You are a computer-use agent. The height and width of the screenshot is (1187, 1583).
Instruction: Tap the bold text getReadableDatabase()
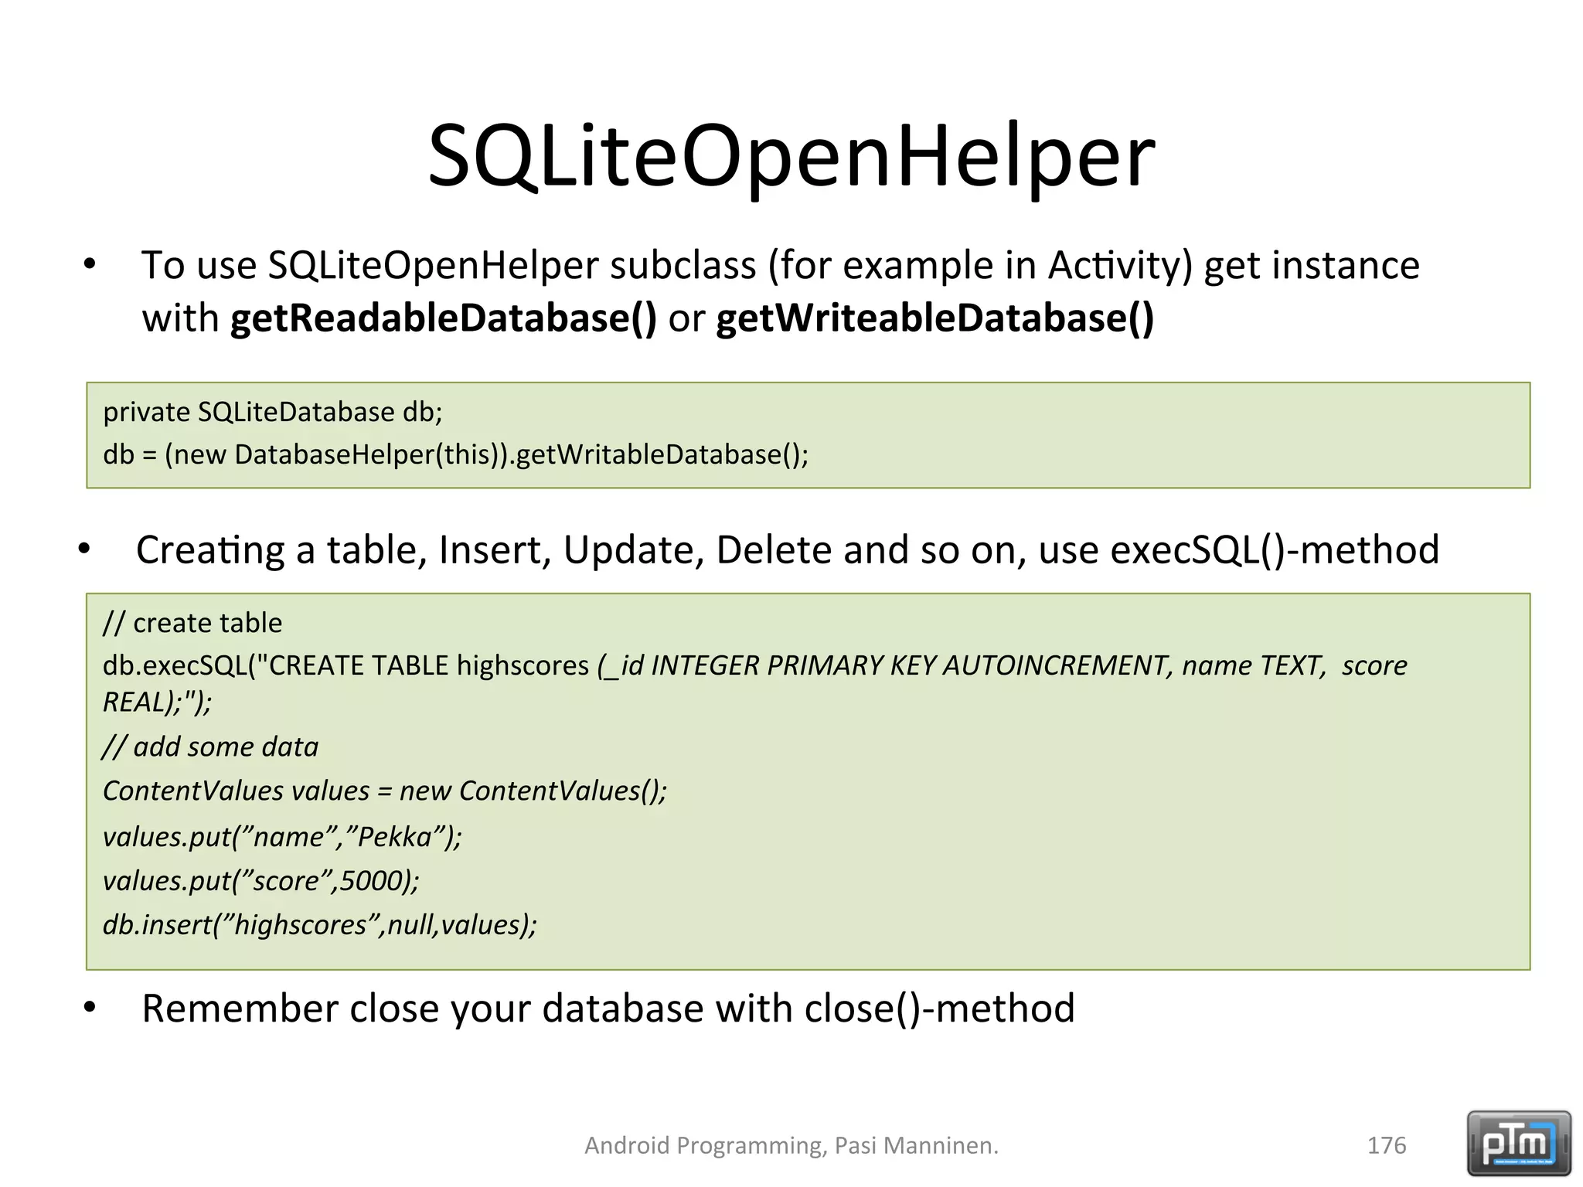(443, 318)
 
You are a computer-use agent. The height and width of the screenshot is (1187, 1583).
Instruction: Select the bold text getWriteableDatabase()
(934, 318)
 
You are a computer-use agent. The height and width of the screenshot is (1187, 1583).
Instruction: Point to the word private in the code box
(146, 413)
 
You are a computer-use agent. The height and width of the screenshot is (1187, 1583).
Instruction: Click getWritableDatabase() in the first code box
(662, 454)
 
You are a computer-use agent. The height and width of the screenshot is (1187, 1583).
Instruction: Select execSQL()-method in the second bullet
(1275, 550)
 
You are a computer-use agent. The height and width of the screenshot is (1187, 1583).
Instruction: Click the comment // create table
(192, 623)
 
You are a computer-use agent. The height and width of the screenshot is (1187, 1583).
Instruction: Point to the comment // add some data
(210, 747)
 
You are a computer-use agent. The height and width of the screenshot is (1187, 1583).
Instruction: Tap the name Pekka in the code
(395, 837)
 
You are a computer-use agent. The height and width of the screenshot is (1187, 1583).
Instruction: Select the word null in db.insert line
(410, 925)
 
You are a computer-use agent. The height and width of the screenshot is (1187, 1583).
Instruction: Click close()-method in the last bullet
(939, 1008)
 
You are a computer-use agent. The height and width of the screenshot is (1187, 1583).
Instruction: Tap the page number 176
(1387, 1145)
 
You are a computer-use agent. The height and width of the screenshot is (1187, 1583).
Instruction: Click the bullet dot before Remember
(90, 1008)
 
